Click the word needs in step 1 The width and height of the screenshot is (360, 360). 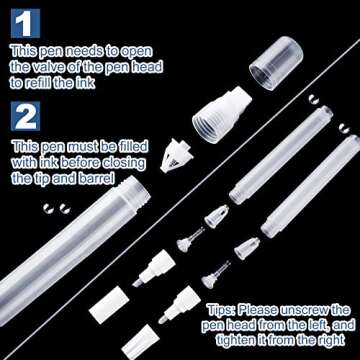click(94, 50)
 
